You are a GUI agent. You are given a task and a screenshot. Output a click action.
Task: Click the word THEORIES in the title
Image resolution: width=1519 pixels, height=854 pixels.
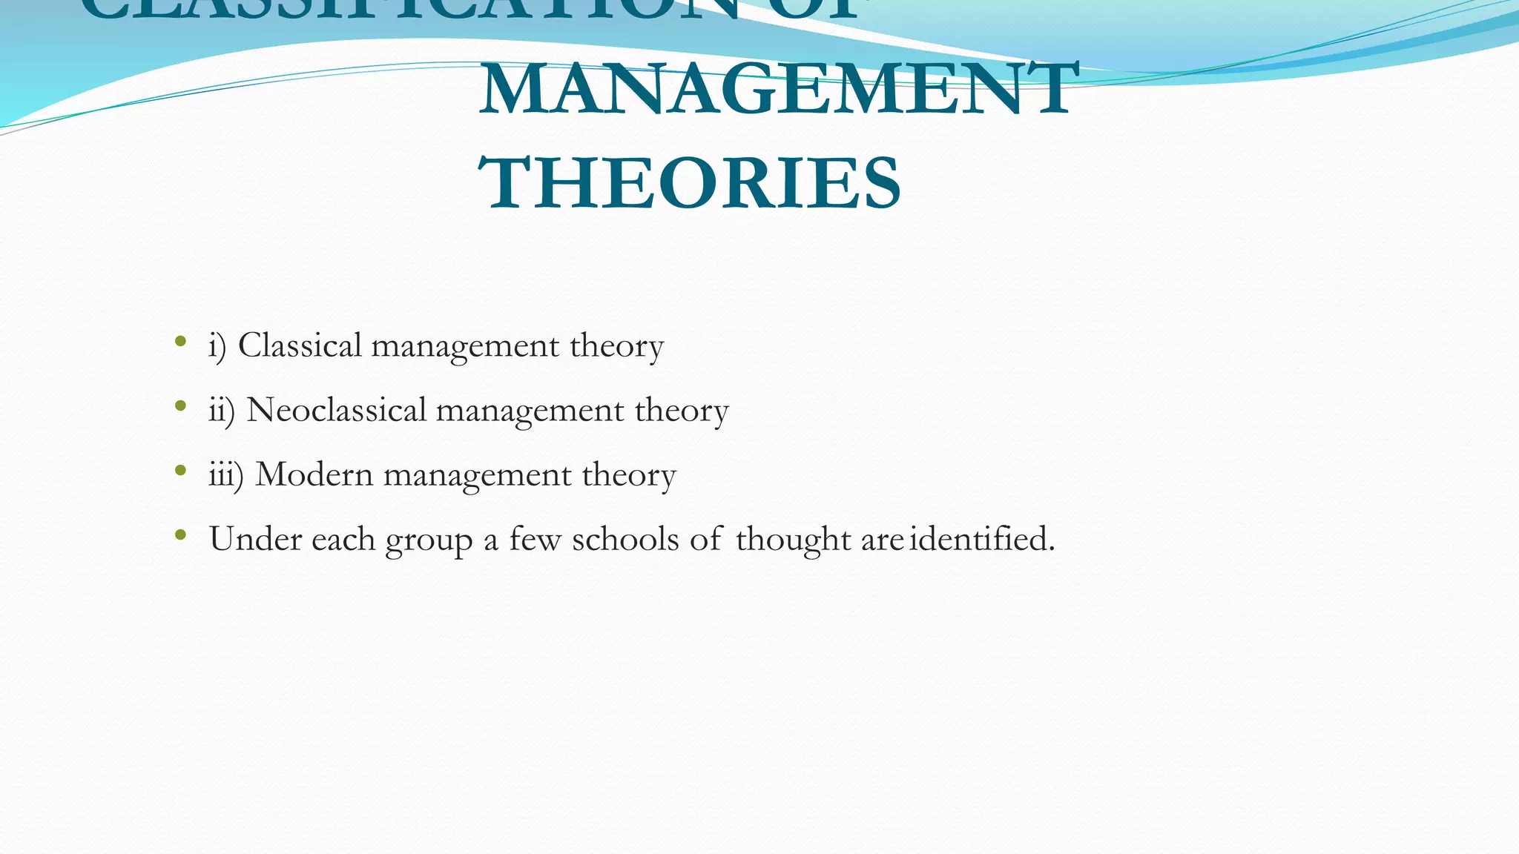690,183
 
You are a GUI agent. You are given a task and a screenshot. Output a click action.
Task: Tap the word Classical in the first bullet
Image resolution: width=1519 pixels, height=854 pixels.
300,345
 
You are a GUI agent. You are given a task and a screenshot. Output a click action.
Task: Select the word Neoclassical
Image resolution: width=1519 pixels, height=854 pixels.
336,410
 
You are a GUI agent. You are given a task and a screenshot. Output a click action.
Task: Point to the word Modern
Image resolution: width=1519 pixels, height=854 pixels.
314,474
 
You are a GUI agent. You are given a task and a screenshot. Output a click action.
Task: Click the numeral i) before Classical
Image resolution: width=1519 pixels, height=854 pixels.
217,346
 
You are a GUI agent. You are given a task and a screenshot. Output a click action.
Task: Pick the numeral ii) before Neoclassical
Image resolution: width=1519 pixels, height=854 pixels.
221,411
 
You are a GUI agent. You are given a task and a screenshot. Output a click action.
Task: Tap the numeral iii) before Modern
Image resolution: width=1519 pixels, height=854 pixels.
225,475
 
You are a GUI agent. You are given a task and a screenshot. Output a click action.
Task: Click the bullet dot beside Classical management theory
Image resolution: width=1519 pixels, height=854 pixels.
180,342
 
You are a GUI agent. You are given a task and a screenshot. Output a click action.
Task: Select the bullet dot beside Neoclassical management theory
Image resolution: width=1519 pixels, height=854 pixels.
180,406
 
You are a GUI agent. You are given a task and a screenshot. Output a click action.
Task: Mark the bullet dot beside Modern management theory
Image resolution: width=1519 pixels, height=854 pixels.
180,470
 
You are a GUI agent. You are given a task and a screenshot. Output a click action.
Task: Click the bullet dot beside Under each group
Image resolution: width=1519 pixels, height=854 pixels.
180,534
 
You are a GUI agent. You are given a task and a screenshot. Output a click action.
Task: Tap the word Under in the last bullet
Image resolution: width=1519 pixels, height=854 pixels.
255,539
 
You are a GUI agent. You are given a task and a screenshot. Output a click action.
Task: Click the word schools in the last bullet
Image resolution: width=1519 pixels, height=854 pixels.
625,539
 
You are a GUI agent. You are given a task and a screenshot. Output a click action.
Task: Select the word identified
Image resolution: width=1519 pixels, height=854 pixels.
981,539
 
